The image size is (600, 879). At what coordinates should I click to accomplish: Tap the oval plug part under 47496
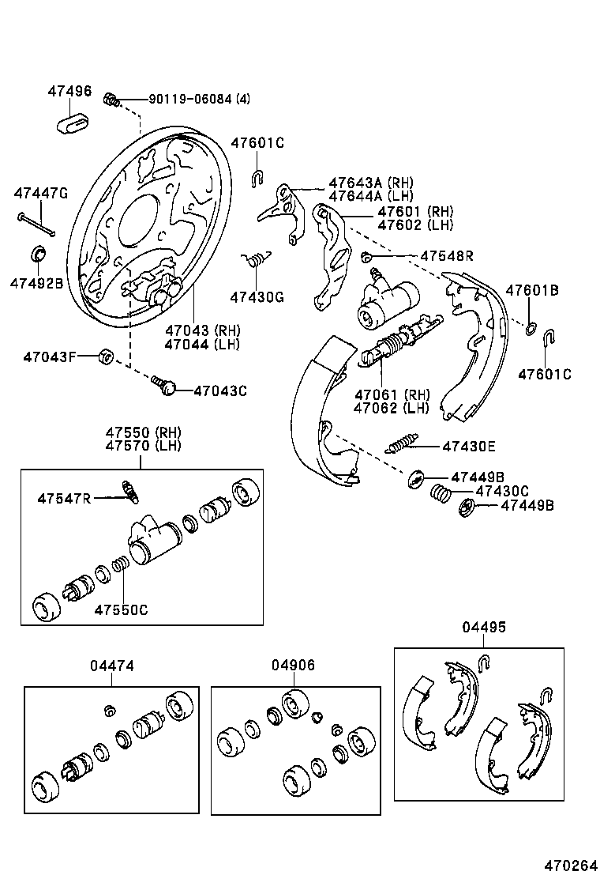click(x=76, y=124)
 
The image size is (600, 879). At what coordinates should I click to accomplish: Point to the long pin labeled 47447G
click(x=36, y=224)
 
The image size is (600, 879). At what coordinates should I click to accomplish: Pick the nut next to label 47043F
click(x=106, y=357)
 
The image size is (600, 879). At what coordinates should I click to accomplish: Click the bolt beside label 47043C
click(x=166, y=387)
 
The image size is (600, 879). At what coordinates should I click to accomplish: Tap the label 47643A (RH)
click(x=371, y=183)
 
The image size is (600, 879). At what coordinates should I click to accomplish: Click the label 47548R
click(x=447, y=256)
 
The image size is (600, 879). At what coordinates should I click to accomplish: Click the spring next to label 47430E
click(x=403, y=444)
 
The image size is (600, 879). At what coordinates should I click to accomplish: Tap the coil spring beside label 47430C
click(x=441, y=494)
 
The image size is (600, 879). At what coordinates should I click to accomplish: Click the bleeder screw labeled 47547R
click(x=130, y=492)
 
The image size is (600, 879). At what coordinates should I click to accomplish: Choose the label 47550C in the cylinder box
click(x=121, y=609)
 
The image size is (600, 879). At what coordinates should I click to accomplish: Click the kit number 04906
click(x=293, y=666)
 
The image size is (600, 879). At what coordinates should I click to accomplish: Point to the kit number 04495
click(x=484, y=627)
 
